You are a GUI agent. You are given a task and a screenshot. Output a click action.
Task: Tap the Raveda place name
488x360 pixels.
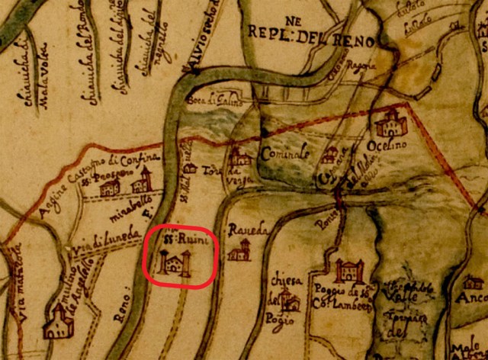242,229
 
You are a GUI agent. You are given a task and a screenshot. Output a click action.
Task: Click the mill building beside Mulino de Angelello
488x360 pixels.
56,322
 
